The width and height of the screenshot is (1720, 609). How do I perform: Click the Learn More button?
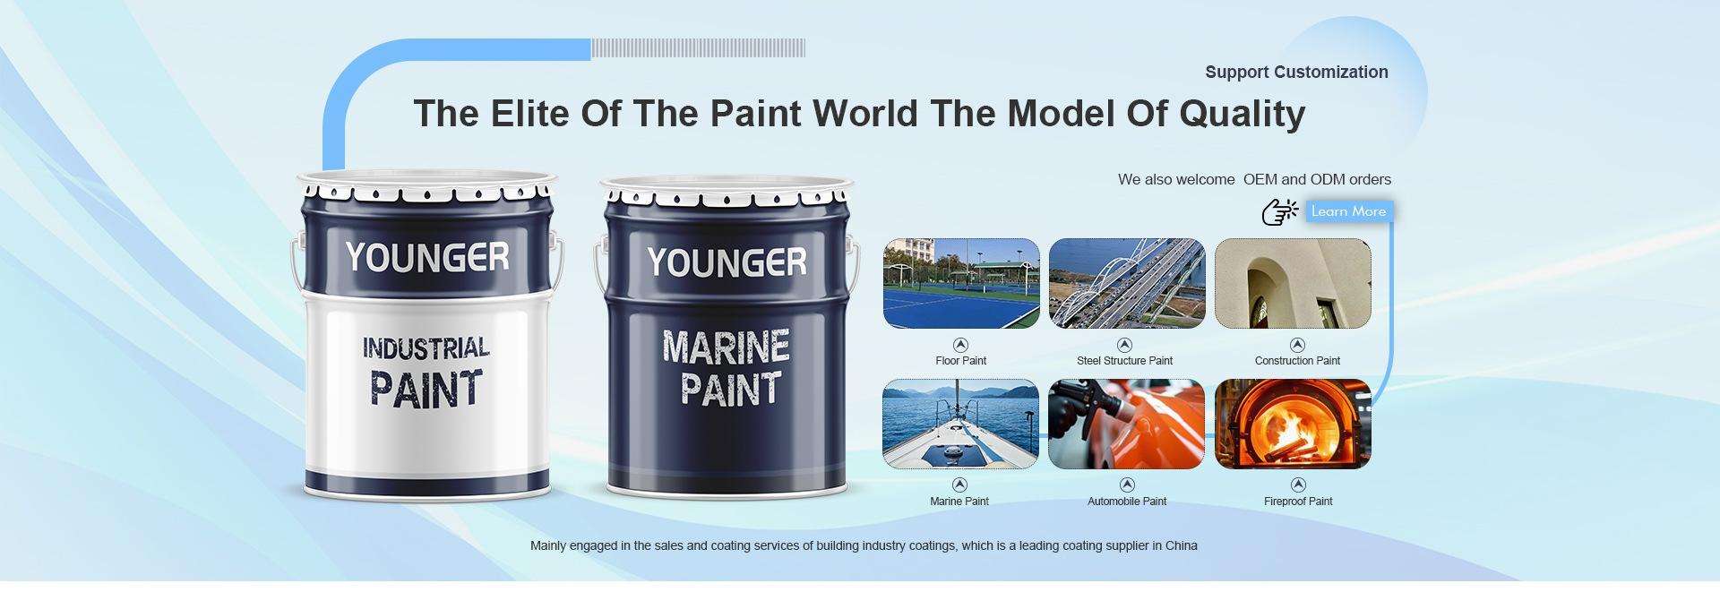[x=1348, y=211]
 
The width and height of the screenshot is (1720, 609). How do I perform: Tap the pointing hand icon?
[x=1279, y=212]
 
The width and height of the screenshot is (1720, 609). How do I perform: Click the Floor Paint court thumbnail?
[x=961, y=283]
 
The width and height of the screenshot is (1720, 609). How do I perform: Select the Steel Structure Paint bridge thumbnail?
[x=1127, y=283]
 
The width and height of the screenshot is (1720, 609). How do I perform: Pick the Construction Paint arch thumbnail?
[x=1293, y=283]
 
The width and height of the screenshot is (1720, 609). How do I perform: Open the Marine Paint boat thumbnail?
[x=961, y=424]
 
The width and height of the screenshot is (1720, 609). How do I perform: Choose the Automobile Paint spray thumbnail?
[x=1127, y=424]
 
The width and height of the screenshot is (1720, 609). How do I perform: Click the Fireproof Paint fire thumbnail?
[x=1293, y=424]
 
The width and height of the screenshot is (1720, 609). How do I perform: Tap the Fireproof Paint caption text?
[x=1298, y=502]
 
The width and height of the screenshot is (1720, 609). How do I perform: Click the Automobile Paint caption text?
[x=1127, y=502]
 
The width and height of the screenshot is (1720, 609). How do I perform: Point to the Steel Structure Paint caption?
[x=1124, y=361]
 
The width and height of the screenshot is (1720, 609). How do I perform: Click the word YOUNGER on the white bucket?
[x=426, y=257]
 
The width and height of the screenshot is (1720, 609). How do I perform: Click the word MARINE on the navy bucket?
[x=727, y=347]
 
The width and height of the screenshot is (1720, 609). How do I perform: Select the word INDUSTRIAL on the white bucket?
[x=426, y=347]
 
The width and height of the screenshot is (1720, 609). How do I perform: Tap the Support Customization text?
[x=1296, y=73]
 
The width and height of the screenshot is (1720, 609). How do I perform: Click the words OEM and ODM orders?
[x=1317, y=179]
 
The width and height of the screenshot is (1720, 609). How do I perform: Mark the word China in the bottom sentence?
[x=1181, y=545]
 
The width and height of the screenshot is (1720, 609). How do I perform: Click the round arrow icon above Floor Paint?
[x=960, y=345]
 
